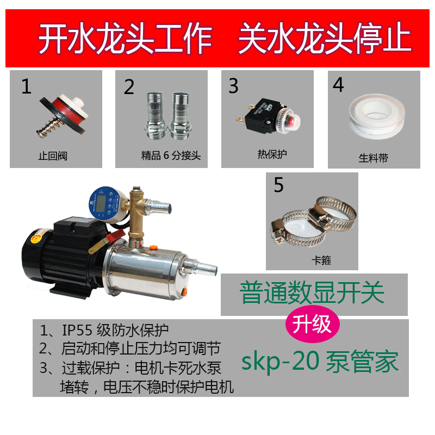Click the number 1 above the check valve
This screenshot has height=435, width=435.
pyautogui.click(x=26, y=86)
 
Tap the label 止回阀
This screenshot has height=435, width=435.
pyautogui.click(x=53, y=156)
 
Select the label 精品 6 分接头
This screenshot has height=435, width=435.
pyautogui.click(x=171, y=156)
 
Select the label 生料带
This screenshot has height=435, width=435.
pyautogui.click(x=374, y=158)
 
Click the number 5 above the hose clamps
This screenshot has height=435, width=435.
pyautogui.click(x=278, y=185)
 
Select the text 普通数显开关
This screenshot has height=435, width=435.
pyautogui.click(x=312, y=294)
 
